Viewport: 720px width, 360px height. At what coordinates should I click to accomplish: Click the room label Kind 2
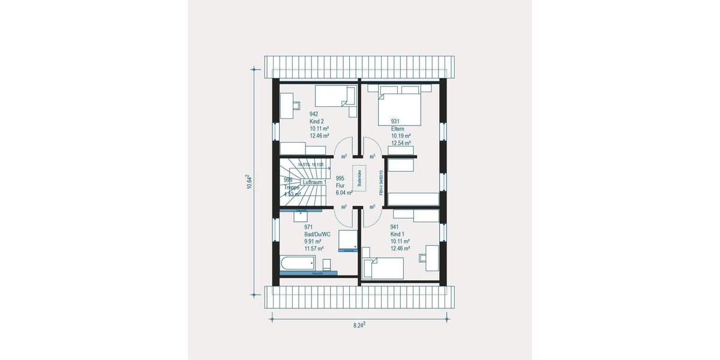point(317,121)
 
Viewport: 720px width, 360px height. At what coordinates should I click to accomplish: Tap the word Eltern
point(398,128)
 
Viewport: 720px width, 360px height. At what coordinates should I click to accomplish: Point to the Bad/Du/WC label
point(317,235)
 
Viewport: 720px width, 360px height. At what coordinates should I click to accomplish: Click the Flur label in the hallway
point(340,185)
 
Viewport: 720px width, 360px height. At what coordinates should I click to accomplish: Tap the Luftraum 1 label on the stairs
point(314,182)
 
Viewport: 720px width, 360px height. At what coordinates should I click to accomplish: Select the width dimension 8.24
point(359,325)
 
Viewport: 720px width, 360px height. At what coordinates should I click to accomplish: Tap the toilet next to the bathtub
point(327,264)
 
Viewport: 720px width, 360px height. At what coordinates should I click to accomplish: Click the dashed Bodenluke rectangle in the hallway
point(359,177)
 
